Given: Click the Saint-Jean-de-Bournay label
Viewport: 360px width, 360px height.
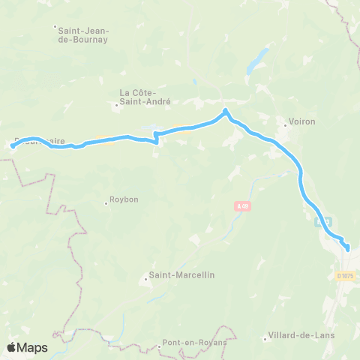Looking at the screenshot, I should (x=82, y=34).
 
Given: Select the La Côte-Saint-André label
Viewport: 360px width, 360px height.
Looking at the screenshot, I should (x=145, y=97).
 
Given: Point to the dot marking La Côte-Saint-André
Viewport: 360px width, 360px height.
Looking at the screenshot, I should (x=117, y=106).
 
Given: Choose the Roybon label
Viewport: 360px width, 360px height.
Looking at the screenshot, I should (x=124, y=199).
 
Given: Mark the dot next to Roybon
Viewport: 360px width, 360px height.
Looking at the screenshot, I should (x=106, y=202).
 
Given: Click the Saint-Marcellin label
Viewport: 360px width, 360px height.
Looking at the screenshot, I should (x=182, y=275).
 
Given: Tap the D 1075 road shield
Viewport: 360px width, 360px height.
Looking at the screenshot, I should (x=346, y=276).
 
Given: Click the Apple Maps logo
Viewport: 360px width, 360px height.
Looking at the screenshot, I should (x=27, y=347).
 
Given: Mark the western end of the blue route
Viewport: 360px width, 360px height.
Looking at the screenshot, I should (x=13, y=146).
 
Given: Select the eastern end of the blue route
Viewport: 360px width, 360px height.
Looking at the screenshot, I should (x=347, y=248).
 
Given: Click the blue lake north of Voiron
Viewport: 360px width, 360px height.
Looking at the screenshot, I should (x=259, y=57).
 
